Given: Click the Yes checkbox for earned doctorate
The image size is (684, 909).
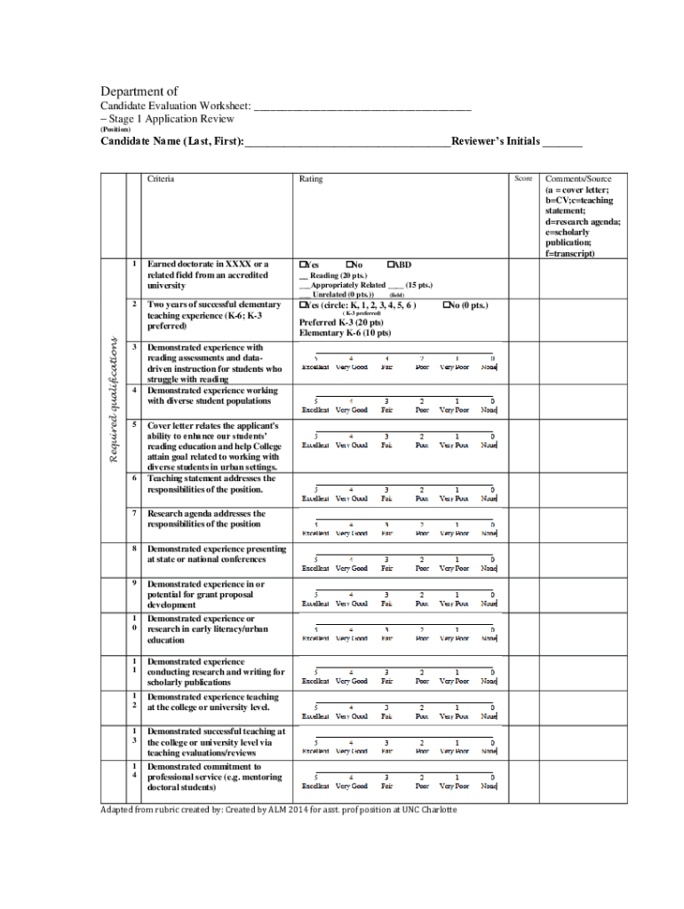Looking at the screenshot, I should coord(303,265).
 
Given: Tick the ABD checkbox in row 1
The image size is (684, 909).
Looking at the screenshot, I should coord(392,265).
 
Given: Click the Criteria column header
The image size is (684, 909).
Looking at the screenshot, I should coord(161,178).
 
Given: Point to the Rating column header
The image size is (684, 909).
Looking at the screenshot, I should coord(311,178).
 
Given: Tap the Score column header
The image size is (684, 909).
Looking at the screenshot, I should coord(523,178).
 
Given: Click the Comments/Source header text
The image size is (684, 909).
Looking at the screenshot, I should coord(578,178).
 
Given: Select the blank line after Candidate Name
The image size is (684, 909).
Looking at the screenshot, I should coord(347,142).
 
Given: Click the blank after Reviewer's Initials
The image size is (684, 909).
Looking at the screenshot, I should coord(562,142).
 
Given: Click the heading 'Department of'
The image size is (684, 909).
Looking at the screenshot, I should coord(139,91).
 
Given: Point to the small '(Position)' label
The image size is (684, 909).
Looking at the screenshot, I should coord(115,130).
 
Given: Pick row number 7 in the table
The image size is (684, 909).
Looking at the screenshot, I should coord(133,513).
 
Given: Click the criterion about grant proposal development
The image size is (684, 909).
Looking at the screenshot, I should coord(205,595).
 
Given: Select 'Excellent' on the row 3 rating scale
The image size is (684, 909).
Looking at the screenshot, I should coord(315,367).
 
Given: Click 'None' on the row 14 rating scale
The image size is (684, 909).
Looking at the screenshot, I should coord(489,786).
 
